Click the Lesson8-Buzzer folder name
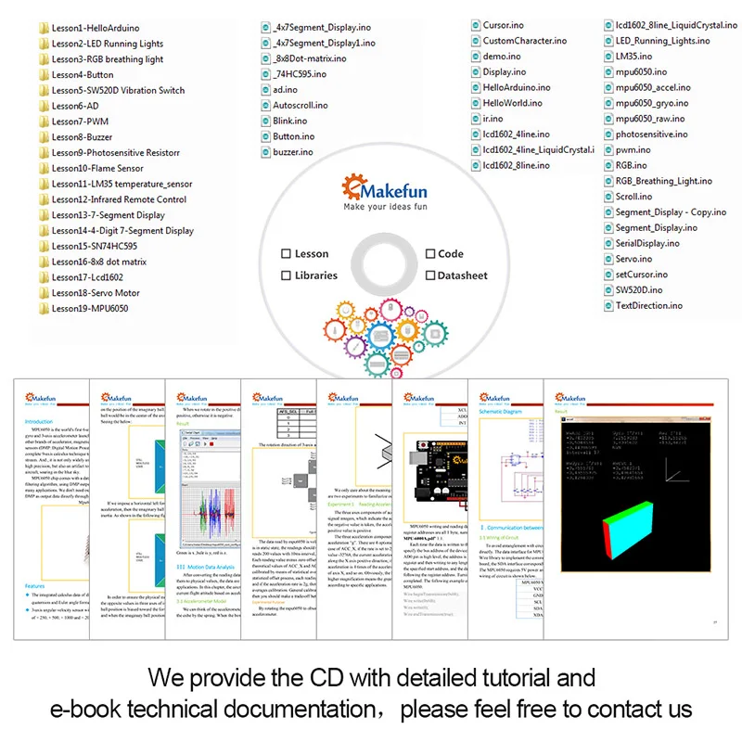(82, 137)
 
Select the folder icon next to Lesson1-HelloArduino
(44, 28)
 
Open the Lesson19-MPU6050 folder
(89, 308)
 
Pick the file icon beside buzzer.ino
(265, 152)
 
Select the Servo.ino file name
(633, 259)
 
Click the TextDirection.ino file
(648, 305)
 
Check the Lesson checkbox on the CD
(287, 253)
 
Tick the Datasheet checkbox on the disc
(430, 275)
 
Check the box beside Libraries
(287, 275)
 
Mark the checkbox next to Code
(430, 253)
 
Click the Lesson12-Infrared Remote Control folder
(119, 199)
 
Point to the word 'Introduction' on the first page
(38, 421)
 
